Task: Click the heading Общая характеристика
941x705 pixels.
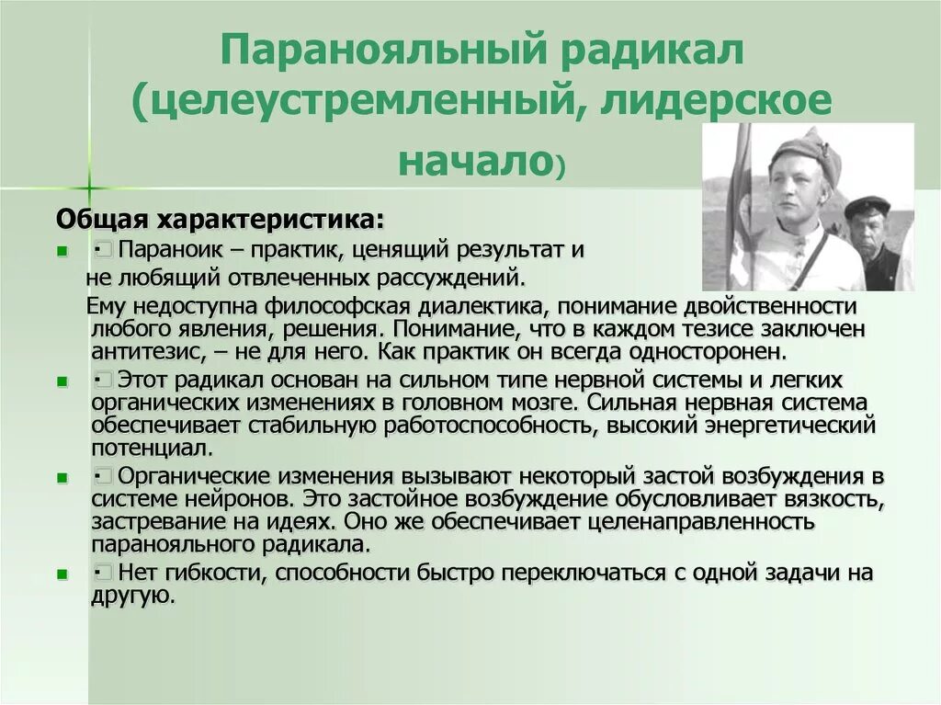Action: [221, 221]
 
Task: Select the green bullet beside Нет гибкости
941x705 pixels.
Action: [62, 574]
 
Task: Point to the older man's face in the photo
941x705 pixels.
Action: [867, 225]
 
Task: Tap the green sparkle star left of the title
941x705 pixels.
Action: [88, 188]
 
